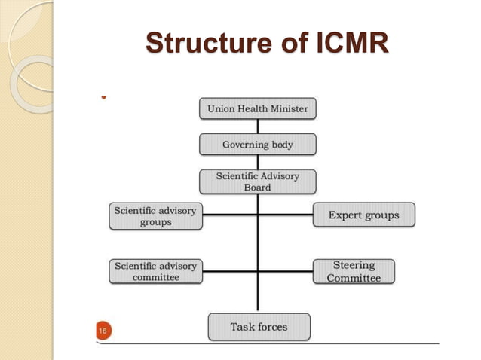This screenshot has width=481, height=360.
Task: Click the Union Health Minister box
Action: [x=258, y=109]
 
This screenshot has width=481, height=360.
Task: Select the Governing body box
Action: [x=258, y=144]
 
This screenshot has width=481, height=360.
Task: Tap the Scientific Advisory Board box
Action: [x=258, y=182]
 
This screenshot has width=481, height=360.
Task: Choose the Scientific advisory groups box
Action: [x=155, y=216]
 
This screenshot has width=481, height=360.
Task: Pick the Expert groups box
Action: [x=363, y=215]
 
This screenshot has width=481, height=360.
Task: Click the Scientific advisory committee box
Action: [x=155, y=271]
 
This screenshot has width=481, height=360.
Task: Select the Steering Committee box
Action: [x=354, y=271]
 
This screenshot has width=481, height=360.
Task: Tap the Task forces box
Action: [x=259, y=327]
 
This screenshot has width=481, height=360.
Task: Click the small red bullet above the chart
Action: [x=102, y=96]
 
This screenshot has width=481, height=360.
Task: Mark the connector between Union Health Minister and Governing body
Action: [x=258, y=127]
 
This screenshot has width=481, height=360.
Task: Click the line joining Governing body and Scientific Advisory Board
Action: [x=258, y=162]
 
